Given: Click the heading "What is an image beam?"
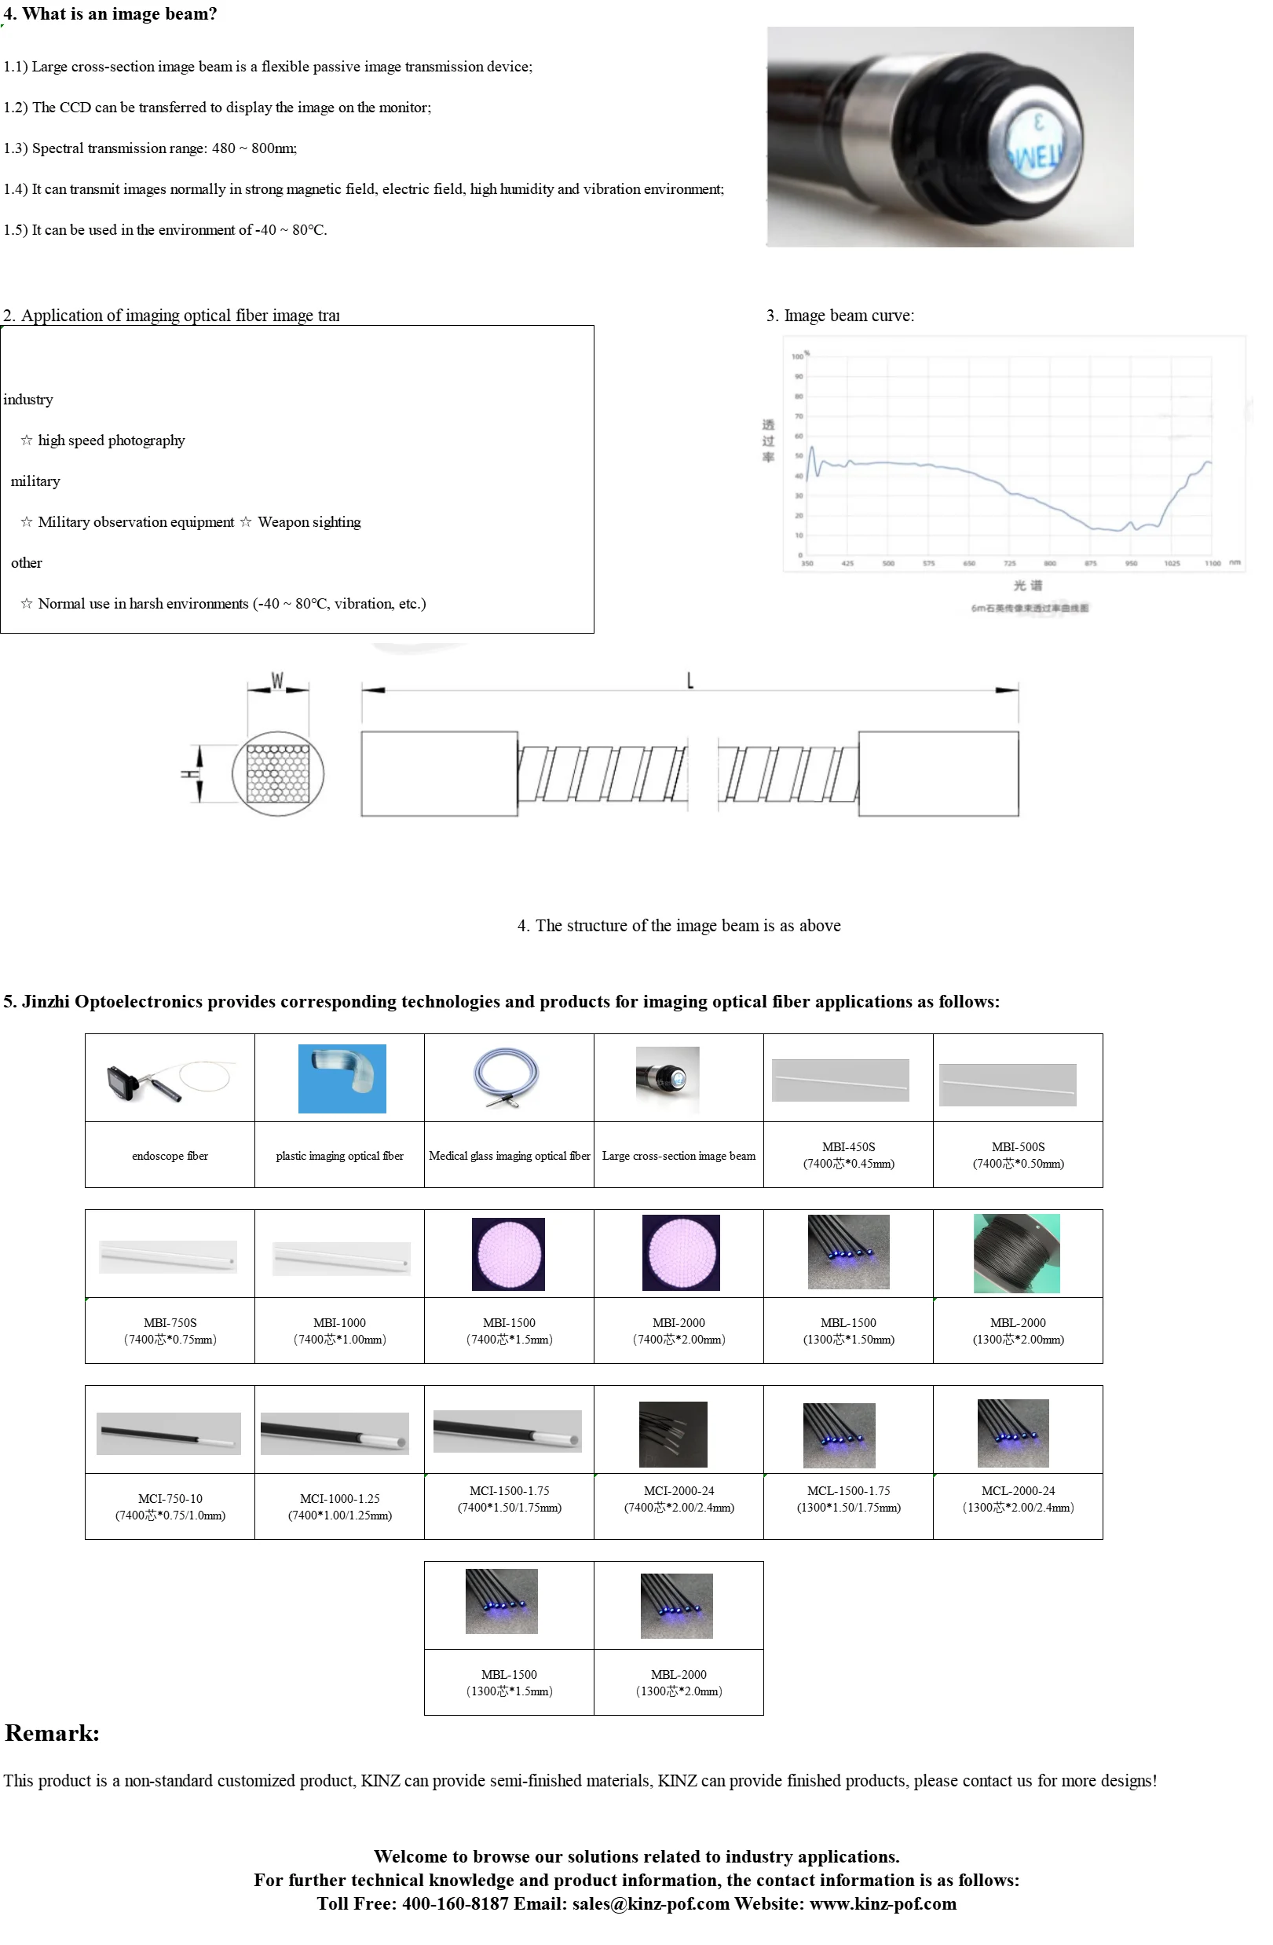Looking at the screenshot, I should pos(119,14).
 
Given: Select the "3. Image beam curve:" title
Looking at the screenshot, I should pos(840,316).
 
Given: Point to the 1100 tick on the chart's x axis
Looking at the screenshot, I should pos(1213,563).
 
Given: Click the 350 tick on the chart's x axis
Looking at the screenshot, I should pos(807,563).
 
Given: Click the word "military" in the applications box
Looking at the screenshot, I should pos(35,481).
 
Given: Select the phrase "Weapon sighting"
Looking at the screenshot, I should pos(309,522).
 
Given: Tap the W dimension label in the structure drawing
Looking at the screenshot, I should pos(277,681).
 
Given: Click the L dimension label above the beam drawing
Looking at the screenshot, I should pos(690,680).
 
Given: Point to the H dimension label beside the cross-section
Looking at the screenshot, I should pos(190,773).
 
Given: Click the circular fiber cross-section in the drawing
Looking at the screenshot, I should pos(278,773).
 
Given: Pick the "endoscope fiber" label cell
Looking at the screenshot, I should pos(170,1156).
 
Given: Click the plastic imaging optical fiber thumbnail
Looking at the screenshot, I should pos(342,1078).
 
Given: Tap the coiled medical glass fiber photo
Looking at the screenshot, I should pos(508,1077).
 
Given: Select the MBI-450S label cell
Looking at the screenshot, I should pos(848,1155).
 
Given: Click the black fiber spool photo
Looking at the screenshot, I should pos(1016,1252).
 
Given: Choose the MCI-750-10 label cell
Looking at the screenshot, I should pos(170,1506).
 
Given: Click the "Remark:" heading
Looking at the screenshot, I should pos(53,1733).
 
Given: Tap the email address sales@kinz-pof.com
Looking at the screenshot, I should pos(650,1903).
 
